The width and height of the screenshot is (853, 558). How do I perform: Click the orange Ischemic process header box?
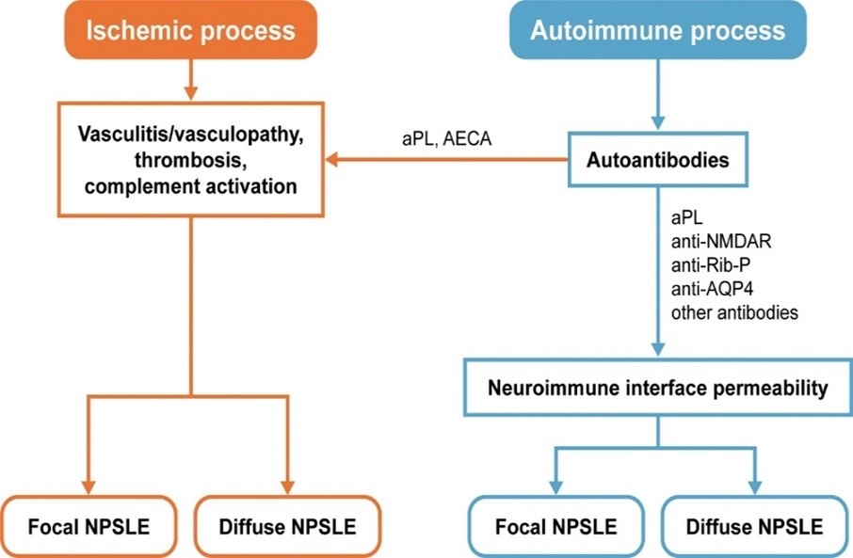tap(191, 30)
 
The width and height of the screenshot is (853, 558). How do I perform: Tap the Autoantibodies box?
tap(657, 160)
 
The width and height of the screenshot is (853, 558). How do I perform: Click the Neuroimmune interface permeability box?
tap(657, 387)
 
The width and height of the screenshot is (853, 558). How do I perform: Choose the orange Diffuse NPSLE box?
tap(288, 526)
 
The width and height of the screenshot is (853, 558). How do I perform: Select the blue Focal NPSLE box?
tap(557, 526)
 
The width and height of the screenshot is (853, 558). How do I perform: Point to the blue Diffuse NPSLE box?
tap(755, 526)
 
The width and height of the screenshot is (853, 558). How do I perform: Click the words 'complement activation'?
tap(191, 185)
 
